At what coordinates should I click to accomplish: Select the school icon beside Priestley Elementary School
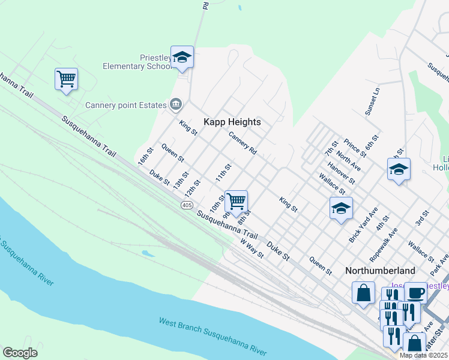[x=182, y=57]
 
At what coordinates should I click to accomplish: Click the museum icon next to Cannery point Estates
[x=175, y=105]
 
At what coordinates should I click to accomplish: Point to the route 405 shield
[x=186, y=205]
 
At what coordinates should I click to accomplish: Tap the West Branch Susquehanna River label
[x=212, y=335]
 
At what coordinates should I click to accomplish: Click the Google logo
[x=20, y=353]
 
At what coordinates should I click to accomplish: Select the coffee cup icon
[x=415, y=293]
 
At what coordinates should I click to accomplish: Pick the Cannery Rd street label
[x=243, y=144]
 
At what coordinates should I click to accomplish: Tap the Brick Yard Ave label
[x=363, y=226]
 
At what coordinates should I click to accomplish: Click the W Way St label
[x=252, y=248]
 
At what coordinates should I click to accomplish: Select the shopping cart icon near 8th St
[x=237, y=201]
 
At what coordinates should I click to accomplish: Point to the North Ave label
[x=348, y=161]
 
